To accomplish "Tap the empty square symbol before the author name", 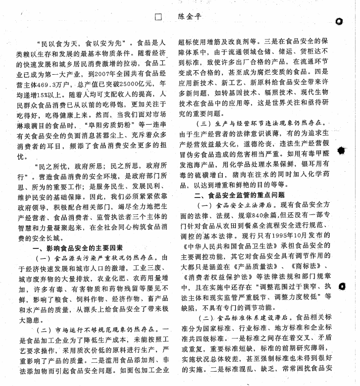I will tap(158, 16).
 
